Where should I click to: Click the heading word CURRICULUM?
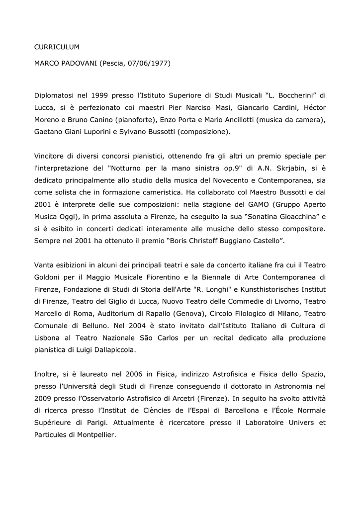click(57, 47)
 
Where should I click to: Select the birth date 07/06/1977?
click(149, 64)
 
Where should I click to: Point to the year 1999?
click(100, 95)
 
